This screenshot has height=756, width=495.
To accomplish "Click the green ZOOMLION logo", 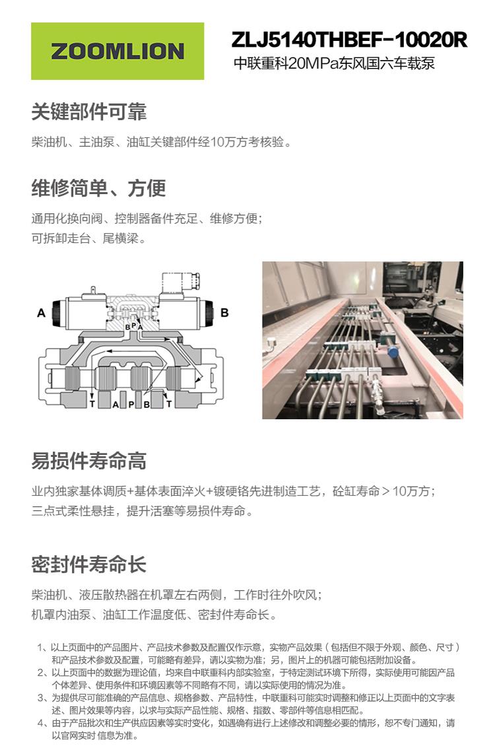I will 117,51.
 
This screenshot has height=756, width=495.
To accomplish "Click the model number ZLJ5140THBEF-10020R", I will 349,40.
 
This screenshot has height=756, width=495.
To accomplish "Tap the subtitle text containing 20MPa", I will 335,65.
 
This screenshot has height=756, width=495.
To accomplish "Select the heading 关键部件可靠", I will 89,112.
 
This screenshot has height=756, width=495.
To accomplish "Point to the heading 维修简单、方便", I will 98,188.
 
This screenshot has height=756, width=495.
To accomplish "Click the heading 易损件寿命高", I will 89,460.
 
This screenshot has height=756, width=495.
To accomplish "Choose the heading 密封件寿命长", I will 89,565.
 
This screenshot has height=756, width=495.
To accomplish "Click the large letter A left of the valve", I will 41,313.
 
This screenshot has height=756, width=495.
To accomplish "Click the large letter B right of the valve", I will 224,312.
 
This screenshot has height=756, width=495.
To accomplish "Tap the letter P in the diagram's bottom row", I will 131,404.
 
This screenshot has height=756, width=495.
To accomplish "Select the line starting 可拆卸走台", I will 89,238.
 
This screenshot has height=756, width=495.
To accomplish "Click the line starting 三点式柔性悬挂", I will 142,511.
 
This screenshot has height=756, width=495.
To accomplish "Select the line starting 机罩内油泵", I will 154,615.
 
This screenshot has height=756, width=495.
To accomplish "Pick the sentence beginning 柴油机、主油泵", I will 161,142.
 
